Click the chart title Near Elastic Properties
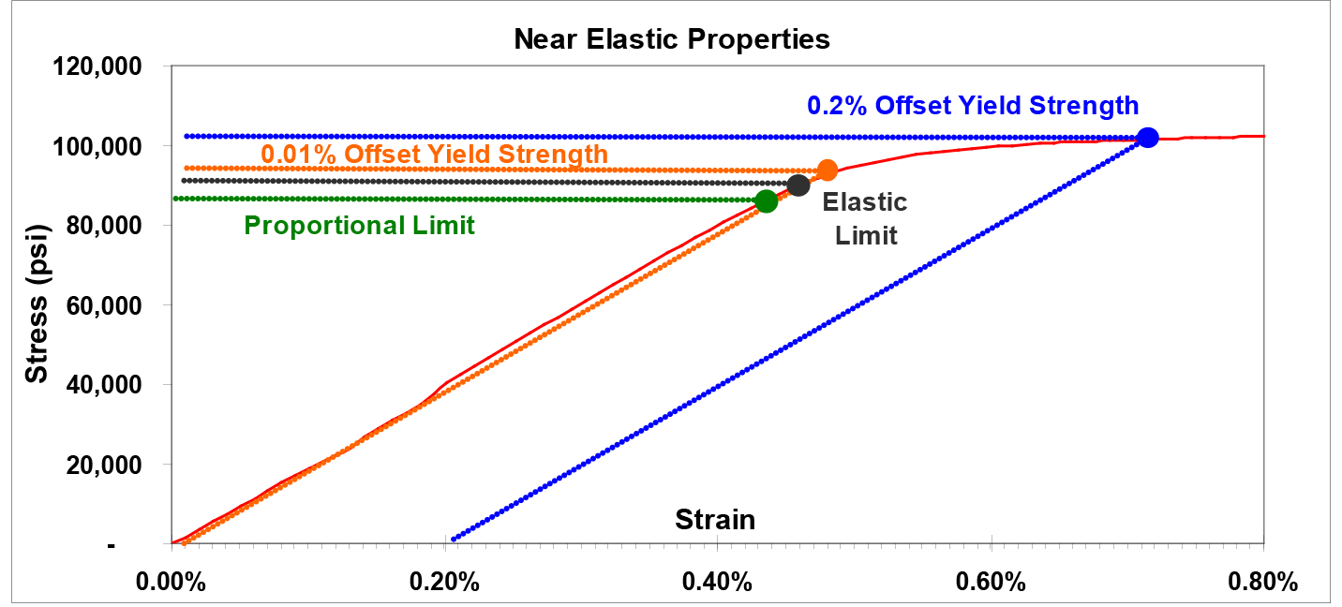point(671,39)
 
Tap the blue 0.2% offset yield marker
point(1147,138)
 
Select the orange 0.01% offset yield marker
point(827,170)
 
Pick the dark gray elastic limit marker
point(798,185)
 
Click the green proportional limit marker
point(766,200)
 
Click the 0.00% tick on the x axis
point(171,581)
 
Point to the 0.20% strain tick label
point(445,581)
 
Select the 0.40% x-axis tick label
point(718,581)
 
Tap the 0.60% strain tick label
point(992,581)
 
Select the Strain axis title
point(715,519)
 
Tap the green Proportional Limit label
point(359,226)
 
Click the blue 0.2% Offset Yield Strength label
point(973,105)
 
